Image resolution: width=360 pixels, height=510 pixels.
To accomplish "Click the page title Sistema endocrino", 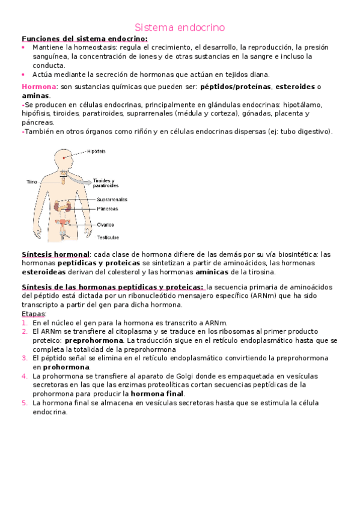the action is [180, 28].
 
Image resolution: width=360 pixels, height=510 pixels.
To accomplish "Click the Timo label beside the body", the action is [31, 181].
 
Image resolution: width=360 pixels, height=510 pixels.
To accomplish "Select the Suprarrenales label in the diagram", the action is [111, 200].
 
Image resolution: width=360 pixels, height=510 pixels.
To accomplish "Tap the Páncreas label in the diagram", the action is [108, 209].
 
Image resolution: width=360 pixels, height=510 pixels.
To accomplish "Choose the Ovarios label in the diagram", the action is [106, 225].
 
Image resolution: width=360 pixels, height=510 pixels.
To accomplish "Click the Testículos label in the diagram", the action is [109, 237].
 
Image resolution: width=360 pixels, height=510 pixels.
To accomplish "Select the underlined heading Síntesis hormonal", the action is [55, 254].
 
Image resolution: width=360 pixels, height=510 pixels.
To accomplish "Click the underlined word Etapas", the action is [32, 314].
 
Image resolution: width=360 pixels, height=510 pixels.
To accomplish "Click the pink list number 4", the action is [24, 376].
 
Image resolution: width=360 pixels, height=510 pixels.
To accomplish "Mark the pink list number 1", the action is [24, 323].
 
